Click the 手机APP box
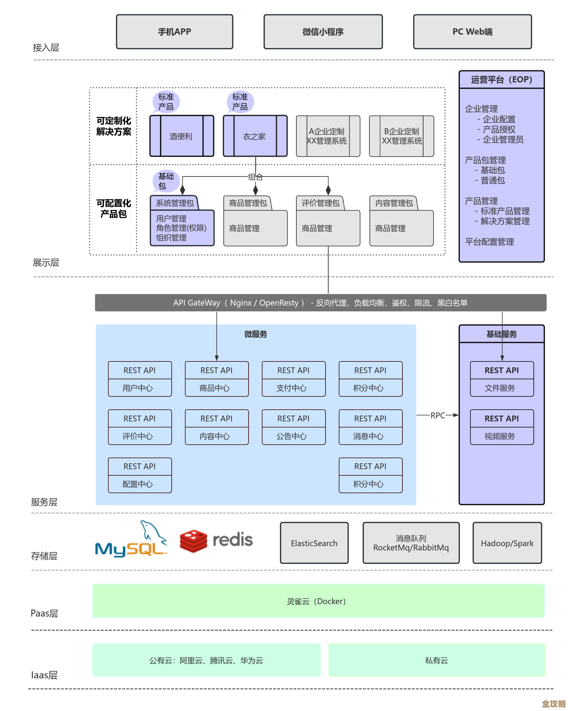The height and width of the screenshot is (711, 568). click(x=174, y=32)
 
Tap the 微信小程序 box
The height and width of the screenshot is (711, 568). click(x=323, y=32)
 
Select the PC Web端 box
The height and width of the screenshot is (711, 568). click(x=472, y=32)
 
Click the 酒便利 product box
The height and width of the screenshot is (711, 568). click(x=181, y=136)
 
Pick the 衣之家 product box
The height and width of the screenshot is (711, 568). click(x=255, y=136)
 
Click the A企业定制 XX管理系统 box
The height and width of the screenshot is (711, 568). click(x=328, y=136)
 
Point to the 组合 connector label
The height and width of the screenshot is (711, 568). click(x=256, y=177)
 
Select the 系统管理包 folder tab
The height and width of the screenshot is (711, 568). click(x=174, y=203)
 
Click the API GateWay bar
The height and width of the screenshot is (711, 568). click(x=321, y=303)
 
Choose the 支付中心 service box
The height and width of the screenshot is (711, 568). click(x=293, y=379)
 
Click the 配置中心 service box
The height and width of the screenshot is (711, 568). click(x=139, y=475)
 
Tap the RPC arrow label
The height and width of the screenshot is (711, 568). click(x=437, y=415)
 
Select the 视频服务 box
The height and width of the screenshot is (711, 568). click(x=502, y=427)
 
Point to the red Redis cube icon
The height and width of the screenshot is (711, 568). click(x=193, y=541)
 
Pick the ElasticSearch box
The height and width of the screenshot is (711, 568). click(x=314, y=543)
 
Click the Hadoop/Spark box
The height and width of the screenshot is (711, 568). click(x=507, y=543)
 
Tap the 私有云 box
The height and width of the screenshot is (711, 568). click(x=436, y=660)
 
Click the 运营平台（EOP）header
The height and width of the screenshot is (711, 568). click(x=501, y=80)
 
